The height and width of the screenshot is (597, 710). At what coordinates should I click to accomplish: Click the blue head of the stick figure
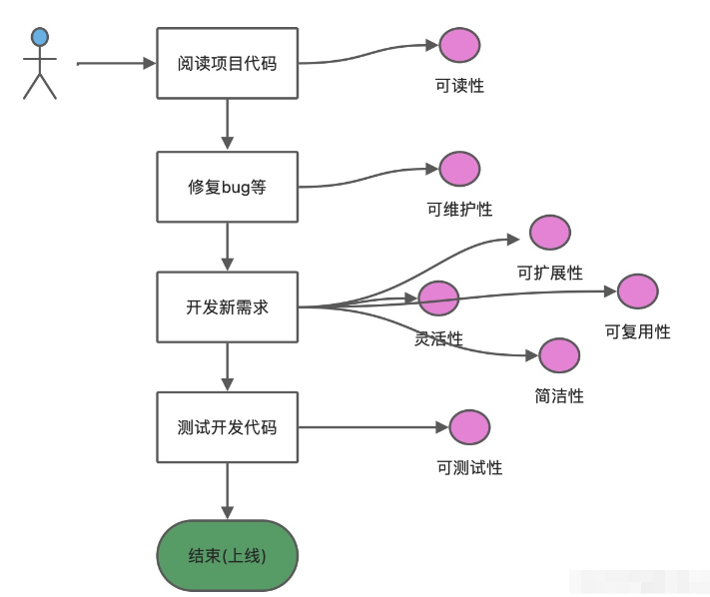40,38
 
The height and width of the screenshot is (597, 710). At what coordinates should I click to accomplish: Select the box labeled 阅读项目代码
228,63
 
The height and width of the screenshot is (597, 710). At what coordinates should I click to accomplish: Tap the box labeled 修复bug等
228,187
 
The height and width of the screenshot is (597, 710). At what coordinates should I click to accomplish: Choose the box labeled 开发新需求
228,306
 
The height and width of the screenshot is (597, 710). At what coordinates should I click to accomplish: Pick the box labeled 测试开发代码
228,427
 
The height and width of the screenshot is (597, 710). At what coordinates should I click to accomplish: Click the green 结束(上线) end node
228,556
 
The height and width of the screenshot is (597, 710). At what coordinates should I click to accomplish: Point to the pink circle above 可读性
459,45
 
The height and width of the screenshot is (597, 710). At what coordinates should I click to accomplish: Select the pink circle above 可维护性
459,169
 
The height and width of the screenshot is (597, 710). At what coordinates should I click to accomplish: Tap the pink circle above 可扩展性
549,233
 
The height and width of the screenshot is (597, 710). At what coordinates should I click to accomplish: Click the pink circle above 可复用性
637,291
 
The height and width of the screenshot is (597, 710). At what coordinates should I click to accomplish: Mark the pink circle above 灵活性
438,298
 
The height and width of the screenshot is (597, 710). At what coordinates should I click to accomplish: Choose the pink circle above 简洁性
559,355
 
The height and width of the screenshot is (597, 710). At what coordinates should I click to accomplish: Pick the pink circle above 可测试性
469,427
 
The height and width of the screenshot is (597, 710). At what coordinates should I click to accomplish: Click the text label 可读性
459,86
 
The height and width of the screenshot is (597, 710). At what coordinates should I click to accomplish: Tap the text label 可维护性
459,210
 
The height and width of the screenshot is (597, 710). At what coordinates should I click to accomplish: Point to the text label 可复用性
637,331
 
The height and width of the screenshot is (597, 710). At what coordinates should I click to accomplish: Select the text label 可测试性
469,467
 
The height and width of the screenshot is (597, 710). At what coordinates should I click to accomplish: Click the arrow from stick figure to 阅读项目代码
116,63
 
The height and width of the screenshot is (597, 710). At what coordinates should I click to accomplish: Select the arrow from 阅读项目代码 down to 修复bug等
228,124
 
